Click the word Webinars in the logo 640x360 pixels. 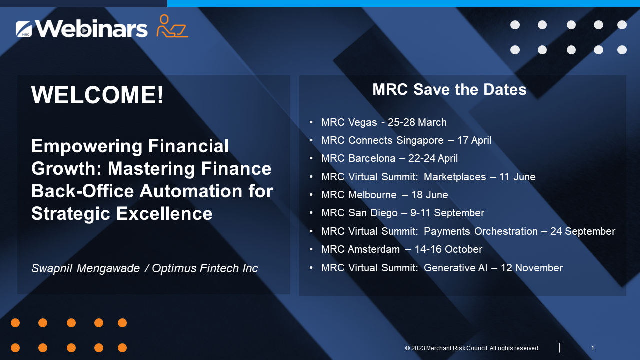pos(92,28)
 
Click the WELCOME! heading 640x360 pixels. pos(97,95)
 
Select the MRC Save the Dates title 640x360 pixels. pos(449,90)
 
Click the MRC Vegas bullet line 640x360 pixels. pos(383,122)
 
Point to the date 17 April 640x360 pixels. pos(474,140)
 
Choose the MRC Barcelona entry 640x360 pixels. pos(389,158)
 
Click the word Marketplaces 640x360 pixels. pos(454,177)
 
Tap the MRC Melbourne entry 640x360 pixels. pos(384,195)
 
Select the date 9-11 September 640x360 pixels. pos(447,213)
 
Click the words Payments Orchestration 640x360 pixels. pos(480,231)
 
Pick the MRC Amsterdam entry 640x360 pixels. pos(401,249)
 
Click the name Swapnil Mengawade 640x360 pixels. pos(85,268)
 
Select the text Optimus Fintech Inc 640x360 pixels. pos(205,268)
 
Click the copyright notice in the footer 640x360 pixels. pos(472,348)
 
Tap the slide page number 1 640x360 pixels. pos(592,348)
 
